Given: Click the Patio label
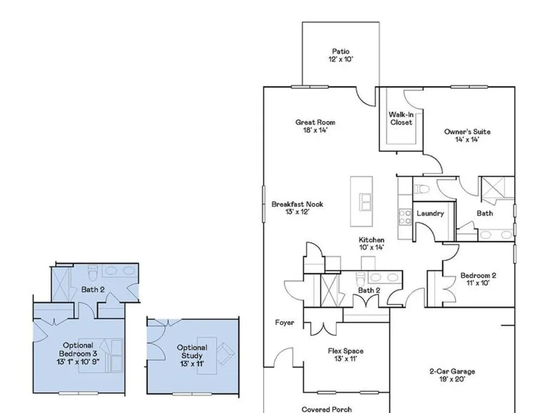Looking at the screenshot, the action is coord(341,52).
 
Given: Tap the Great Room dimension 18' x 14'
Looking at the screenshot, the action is coord(315,131).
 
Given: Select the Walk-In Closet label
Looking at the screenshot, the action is coord(401,118).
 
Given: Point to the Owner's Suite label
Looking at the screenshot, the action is coord(467,132).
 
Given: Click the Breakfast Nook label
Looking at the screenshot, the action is coord(298,204).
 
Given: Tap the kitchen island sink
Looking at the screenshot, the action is coord(366,202).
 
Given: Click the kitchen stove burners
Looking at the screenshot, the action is coord(405,216).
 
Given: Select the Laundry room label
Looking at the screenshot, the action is coord(430,214).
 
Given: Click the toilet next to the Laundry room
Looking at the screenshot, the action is coord(422,189).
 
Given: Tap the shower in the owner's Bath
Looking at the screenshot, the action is coord(493,188).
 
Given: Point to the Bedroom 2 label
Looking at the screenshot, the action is coord(478,275).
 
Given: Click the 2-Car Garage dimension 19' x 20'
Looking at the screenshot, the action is coord(452,379).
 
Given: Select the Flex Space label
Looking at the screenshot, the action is coord(345,351).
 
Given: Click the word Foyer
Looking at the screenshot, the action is coord(284,322).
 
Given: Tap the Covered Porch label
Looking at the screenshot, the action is coord(326,409).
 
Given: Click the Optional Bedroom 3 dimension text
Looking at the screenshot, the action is coord(78,362).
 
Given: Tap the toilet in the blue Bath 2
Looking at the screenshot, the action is coord(93,273).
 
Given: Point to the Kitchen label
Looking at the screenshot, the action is coord(371,240).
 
